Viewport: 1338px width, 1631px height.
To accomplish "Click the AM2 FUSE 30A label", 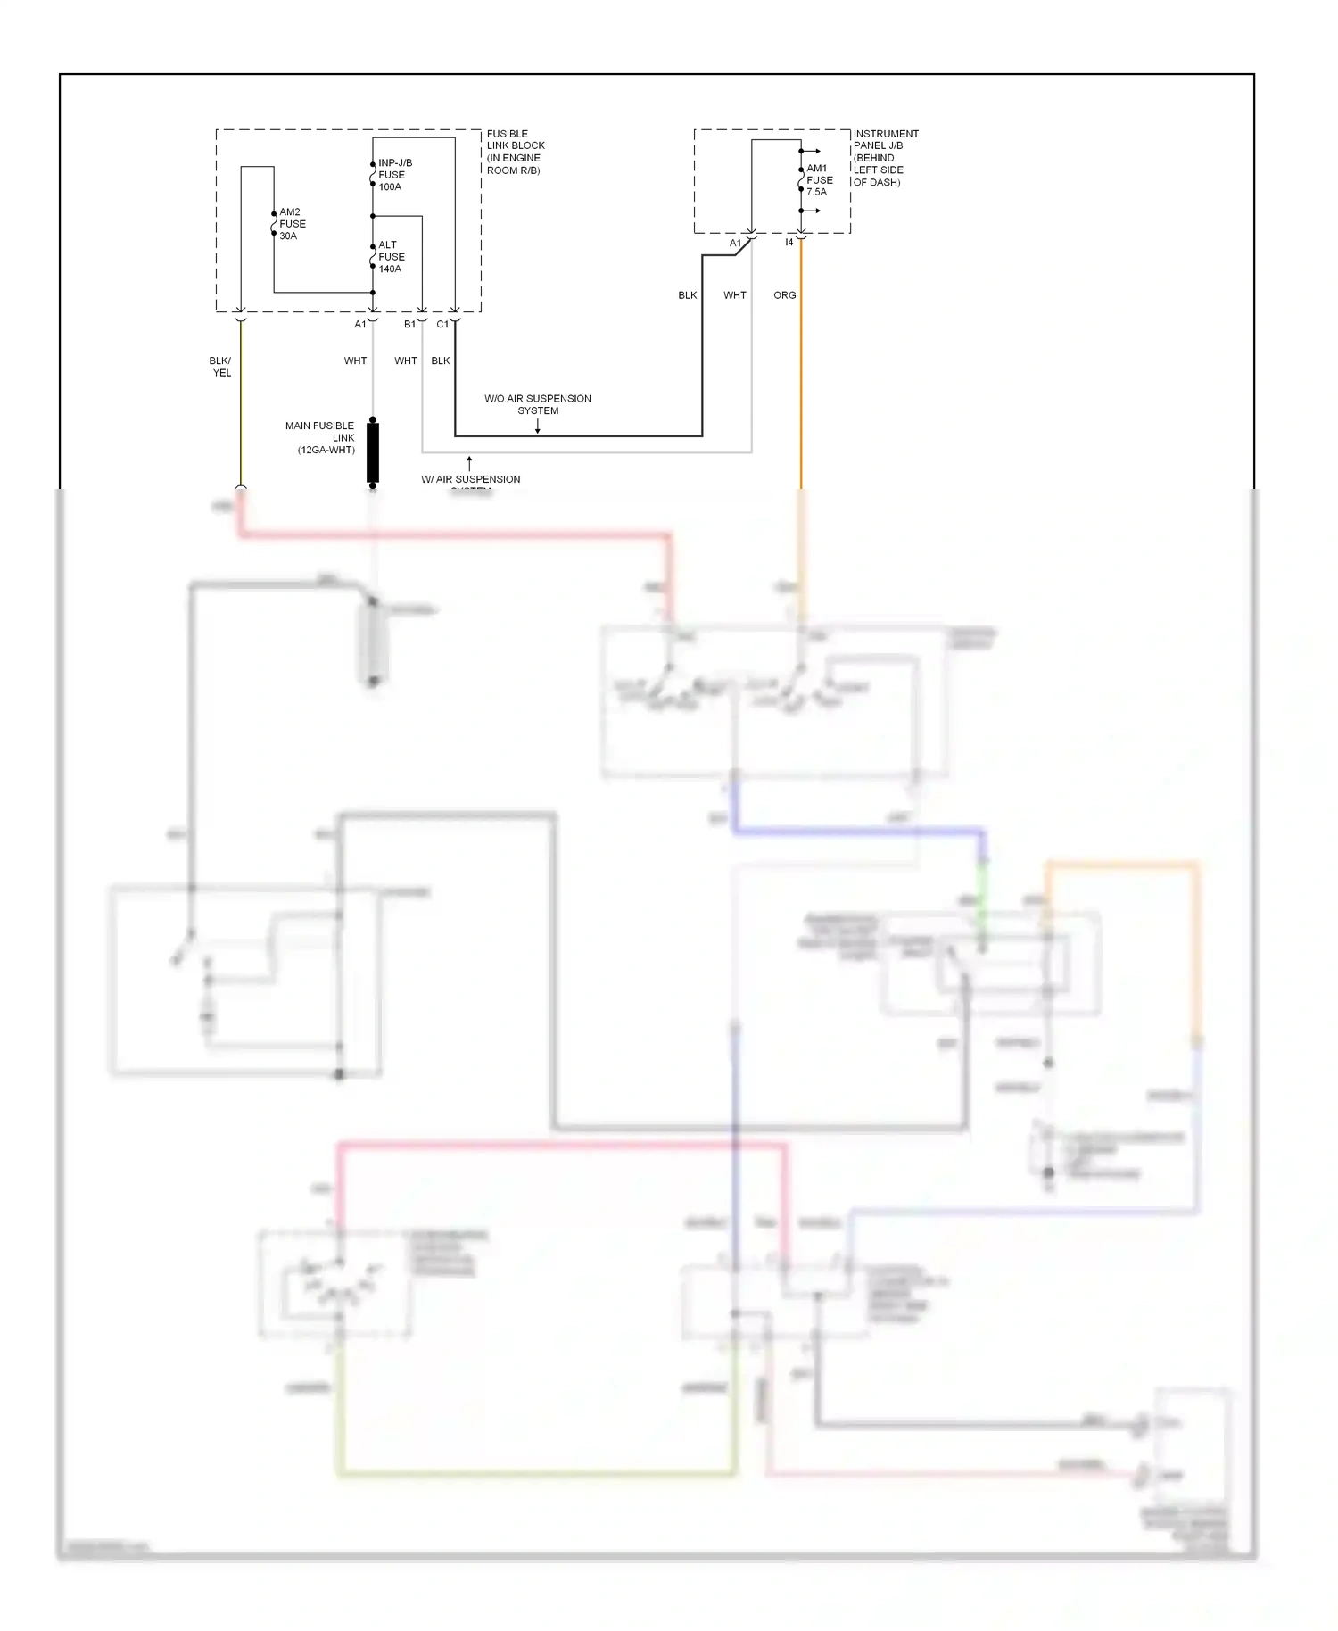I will (292, 224).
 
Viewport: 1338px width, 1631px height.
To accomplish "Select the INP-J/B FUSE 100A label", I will (394, 175).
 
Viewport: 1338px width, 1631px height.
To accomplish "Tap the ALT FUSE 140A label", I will (391, 257).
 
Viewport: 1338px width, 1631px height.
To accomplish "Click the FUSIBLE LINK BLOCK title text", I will (515, 152).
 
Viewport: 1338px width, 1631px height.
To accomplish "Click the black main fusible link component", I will (373, 452).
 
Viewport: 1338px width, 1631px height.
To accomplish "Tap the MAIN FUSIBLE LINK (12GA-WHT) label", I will (320, 438).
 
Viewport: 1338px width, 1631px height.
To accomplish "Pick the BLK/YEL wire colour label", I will (220, 367).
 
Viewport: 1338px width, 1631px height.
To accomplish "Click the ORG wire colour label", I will (784, 295).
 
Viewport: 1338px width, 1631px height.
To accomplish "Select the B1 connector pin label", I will (409, 325).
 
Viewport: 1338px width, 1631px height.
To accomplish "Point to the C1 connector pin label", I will (442, 325).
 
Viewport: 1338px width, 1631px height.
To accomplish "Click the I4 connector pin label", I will (789, 243).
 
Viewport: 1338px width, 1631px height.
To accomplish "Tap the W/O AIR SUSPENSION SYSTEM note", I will (537, 404).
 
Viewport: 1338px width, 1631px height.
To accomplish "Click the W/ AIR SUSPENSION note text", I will (470, 480).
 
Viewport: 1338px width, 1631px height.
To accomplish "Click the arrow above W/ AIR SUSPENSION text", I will (469, 463).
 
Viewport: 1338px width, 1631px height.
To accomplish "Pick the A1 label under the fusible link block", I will (359, 325).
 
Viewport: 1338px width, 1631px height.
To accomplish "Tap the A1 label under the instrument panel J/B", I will (735, 244).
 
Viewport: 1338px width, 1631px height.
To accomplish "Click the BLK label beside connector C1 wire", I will (440, 361).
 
